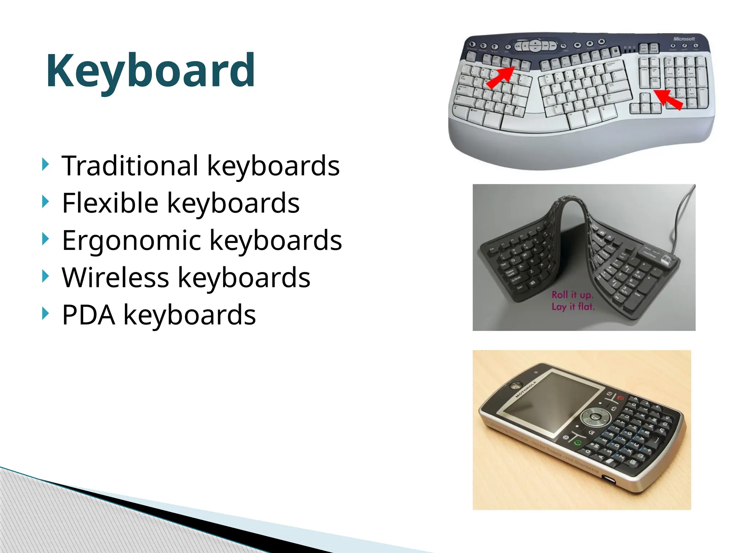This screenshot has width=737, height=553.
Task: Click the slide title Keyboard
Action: click(150, 71)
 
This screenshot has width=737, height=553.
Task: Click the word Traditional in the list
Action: click(130, 166)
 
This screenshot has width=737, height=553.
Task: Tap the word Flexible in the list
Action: click(110, 203)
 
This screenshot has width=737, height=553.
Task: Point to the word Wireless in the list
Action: click(116, 278)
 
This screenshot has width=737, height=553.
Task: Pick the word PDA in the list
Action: click(89, 315)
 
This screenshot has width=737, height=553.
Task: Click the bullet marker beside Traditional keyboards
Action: click(45, 165)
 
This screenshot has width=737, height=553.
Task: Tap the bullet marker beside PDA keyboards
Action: click(45, 314)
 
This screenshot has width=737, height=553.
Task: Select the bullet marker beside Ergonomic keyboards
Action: click(45, 239)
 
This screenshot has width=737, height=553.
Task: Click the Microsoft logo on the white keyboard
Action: click(684, 39)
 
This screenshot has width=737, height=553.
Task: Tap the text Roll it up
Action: click(572, 295)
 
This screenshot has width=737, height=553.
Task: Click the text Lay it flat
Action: click(573, 307)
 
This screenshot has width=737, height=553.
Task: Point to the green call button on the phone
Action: click(578, 442)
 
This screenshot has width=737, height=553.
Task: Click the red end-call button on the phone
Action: click(620, 398)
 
